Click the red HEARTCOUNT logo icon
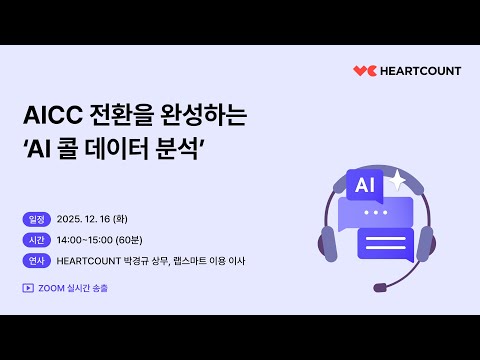point(363,71)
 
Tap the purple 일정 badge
point(36,220)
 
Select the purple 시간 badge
point(36,240)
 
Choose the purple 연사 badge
point(36,261)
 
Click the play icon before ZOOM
point(27,287)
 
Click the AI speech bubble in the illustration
point(363,185)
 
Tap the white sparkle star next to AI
point(398,179)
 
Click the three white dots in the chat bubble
point(376,212)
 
